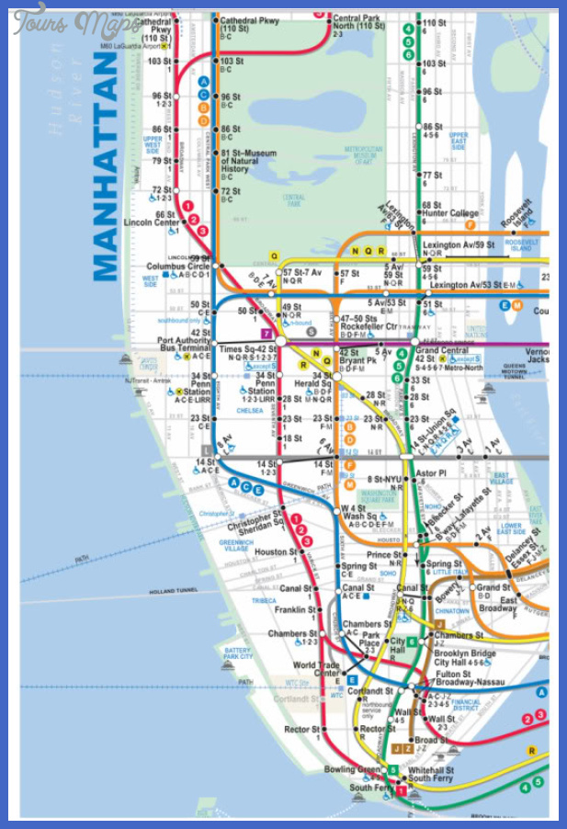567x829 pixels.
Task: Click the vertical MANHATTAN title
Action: [x=107, y=165]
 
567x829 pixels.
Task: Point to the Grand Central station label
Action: [x=440, y=350]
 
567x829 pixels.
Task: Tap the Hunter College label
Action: [x=450, y=213]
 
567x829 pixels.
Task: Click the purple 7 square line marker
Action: [x=266, y=333]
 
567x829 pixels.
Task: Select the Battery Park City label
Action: [x=238, y=654]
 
